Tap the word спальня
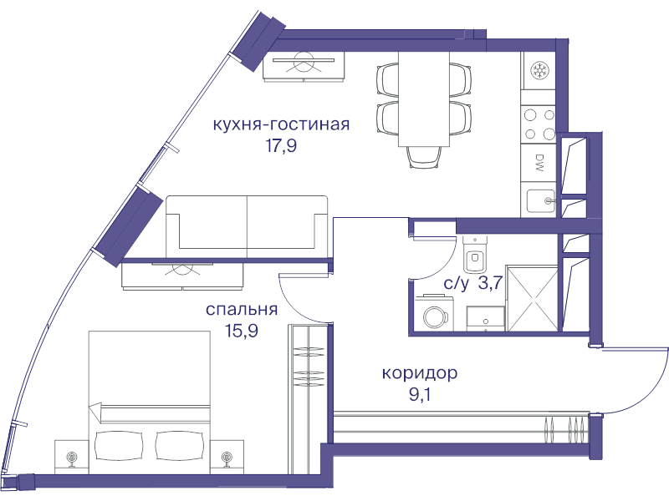click(242, 310)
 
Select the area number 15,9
click(241, 331)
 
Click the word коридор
click(419, 373)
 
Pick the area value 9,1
click(420, 394)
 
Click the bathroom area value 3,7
click(489, 283)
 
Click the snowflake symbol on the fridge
click(539, 69)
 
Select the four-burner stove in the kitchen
click(539, 124)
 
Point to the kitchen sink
click(541, 200)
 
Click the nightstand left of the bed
click(70, 456)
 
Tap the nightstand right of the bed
click(227, 456)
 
